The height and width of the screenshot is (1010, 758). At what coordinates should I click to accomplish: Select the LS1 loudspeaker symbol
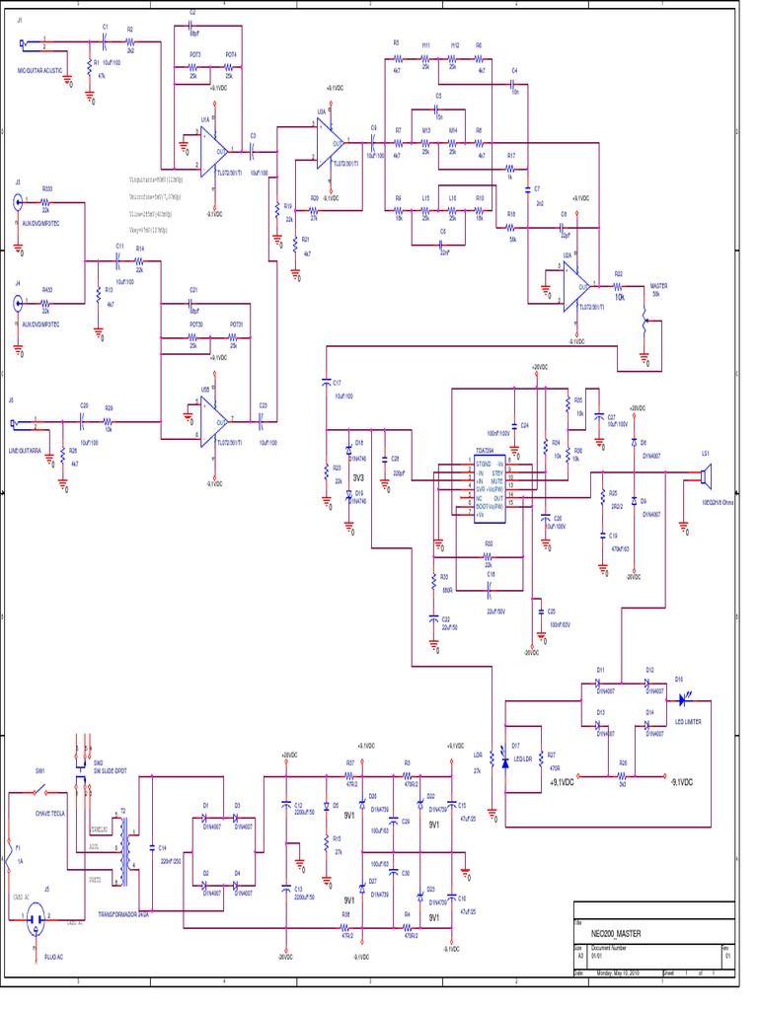705,477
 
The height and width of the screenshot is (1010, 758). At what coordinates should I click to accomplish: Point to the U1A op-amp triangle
214,150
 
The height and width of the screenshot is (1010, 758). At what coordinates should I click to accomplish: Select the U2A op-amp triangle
576,287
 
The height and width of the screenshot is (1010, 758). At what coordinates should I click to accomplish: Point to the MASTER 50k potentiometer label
658,289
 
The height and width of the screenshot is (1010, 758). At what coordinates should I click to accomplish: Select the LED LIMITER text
688,722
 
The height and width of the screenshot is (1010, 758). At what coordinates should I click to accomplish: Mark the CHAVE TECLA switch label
48,813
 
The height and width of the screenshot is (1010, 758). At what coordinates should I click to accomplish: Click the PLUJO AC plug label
54,957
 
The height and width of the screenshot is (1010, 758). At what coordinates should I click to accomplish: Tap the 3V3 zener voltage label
358,476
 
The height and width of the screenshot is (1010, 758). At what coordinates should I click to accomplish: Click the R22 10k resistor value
620,296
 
